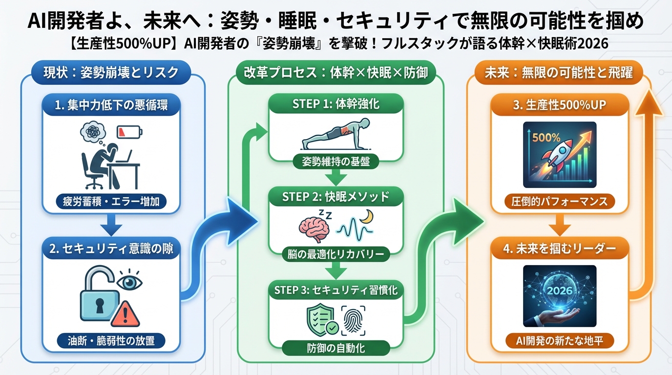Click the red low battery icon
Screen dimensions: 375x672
[130, 132]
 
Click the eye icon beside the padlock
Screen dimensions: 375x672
[129, 282]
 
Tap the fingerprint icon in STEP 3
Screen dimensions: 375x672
[355, 320]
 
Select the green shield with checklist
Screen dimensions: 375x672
[320, 319]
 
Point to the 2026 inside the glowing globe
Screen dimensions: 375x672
[560, 291]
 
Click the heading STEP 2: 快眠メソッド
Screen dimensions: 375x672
[336, 197]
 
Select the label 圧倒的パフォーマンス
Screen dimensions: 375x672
[560, 201]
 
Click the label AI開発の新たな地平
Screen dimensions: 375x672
[560, 341]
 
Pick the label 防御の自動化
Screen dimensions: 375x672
[336, 348]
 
